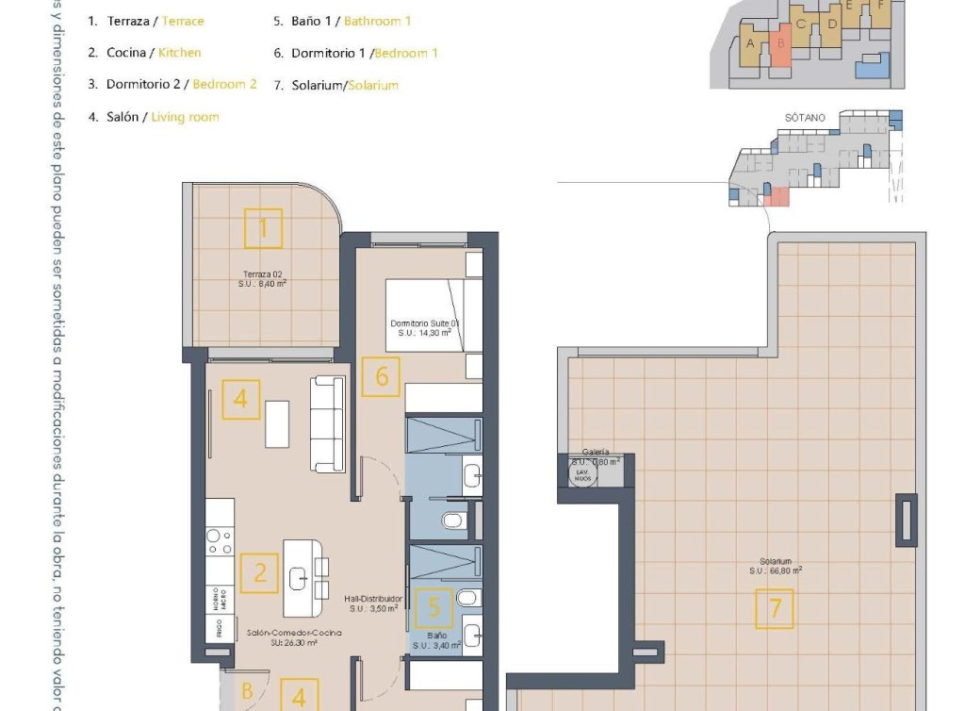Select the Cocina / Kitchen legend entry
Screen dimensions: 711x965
[143, 53]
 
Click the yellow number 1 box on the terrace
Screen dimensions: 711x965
[263, 227]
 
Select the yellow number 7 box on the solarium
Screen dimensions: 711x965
[775, 608]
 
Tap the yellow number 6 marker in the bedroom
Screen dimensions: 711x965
[382, 376]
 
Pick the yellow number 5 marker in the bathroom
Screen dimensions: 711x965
[433, 608]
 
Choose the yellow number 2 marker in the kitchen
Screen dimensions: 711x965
[259, 572]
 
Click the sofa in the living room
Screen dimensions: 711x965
[328, 423]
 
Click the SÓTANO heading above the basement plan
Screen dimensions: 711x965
[804, 118]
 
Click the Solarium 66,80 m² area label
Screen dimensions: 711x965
[775, 566]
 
